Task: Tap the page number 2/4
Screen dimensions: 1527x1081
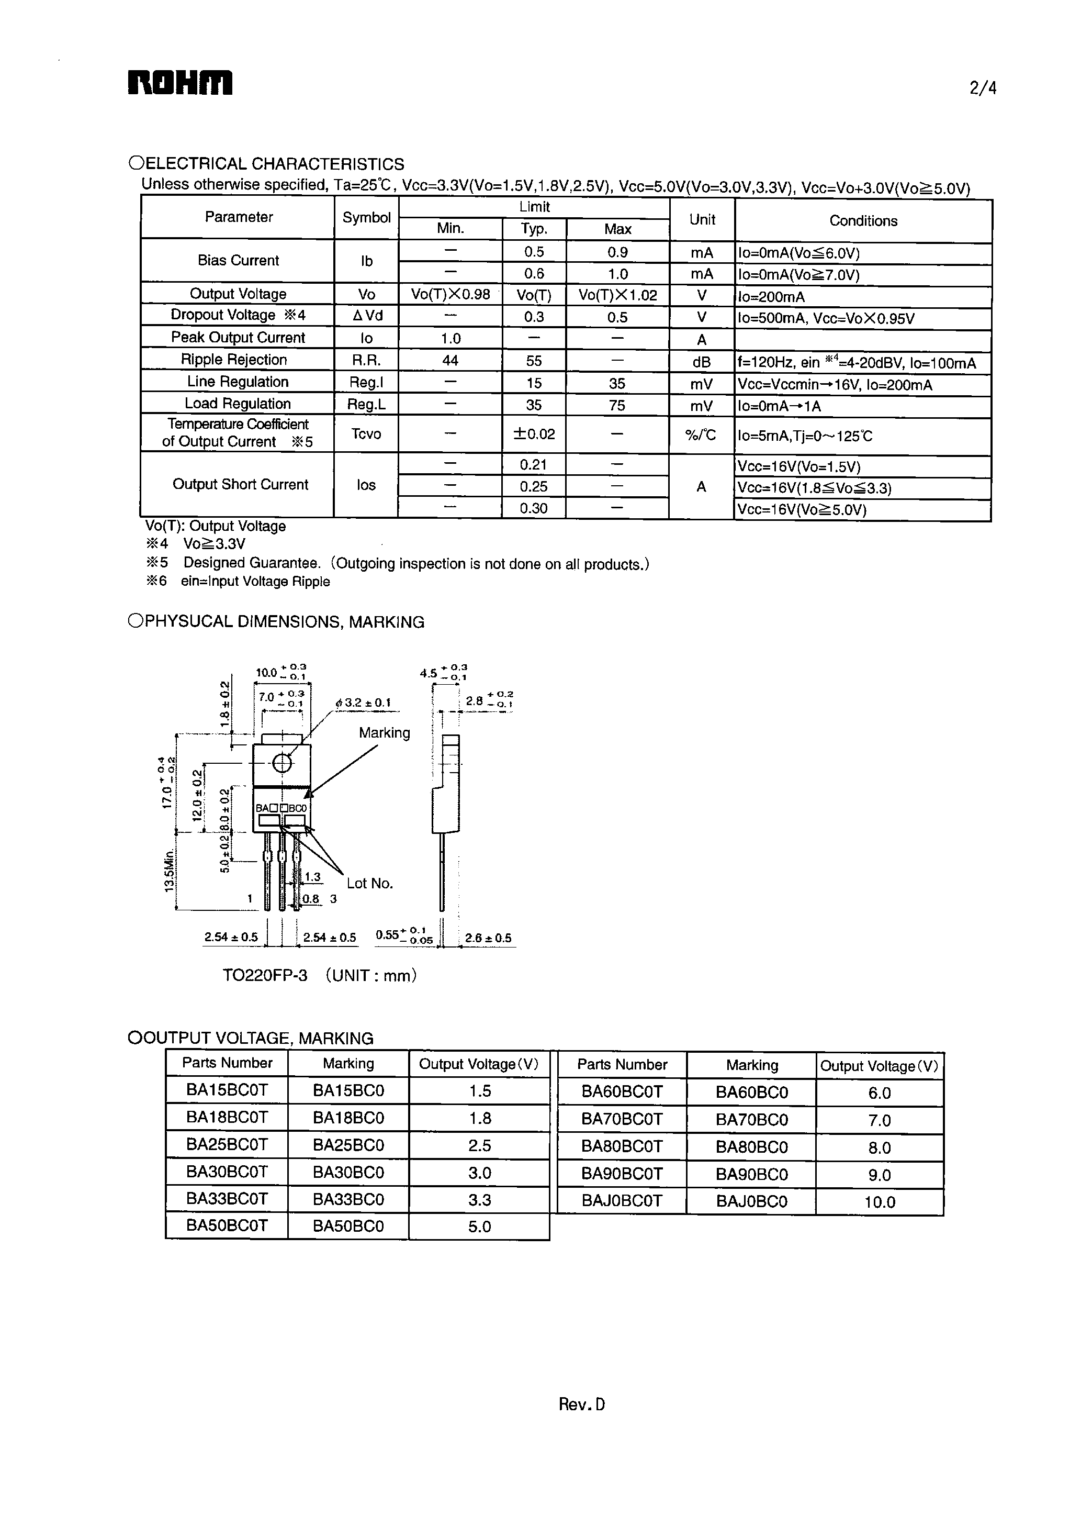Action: point(983,88)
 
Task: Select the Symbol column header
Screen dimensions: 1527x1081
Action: point(366,218)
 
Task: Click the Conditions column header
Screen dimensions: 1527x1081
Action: point(863,220)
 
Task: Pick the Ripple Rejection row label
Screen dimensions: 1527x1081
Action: point(234,360)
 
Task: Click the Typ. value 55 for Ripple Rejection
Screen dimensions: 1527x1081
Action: point(534,361)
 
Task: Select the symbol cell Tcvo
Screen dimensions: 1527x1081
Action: point(366,434)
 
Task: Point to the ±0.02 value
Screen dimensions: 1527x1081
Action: point(534,434)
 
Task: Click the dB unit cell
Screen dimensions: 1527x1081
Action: point(702,362)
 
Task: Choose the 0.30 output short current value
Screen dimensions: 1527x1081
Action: point(534,509)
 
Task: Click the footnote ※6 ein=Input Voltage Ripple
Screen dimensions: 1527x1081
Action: point(238,582)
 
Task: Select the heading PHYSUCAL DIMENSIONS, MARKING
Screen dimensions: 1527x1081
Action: point(276,622)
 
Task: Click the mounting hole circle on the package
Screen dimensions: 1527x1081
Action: point(282,763)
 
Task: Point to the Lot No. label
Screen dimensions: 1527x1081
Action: point(369,883)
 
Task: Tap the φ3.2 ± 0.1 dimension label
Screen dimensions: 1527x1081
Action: point(364,703)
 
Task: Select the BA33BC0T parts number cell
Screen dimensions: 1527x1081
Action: point(227,1199)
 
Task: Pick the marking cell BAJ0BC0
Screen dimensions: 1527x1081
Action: point(751,1202)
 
